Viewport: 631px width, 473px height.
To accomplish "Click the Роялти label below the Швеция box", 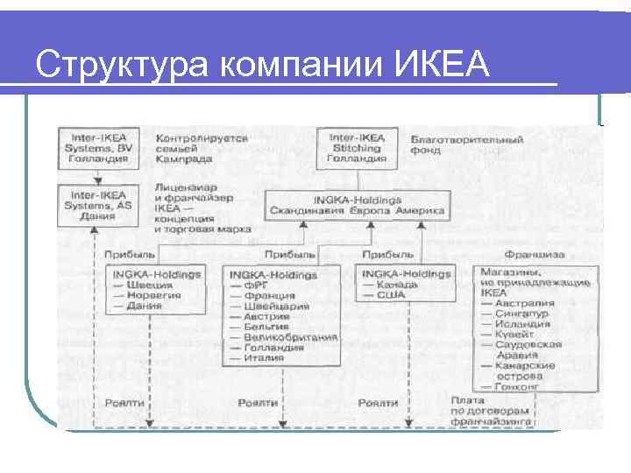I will click(124, 402).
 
